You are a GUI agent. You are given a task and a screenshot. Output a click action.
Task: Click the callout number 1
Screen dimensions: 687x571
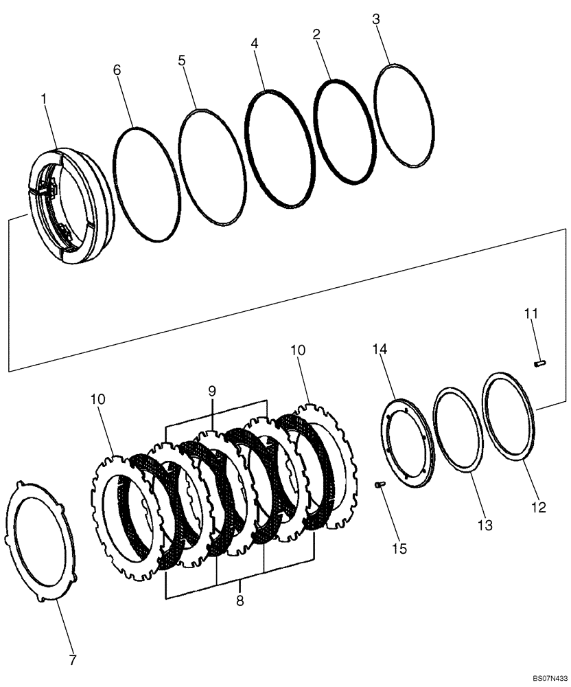tap(44, 100)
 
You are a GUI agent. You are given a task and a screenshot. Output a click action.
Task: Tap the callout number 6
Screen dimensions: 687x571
tap(117, 69)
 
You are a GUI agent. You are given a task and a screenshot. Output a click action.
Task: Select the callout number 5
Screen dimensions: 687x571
tap(181, 60)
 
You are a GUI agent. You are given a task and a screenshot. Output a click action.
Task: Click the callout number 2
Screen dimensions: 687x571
tap(316, 34)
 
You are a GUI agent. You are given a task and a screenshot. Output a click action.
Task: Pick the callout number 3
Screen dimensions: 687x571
tap(375, 19)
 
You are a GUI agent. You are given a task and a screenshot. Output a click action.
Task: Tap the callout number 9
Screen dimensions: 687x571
tap(212, 390)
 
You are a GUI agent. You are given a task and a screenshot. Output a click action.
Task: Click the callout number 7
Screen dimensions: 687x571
tap(72, 661)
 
